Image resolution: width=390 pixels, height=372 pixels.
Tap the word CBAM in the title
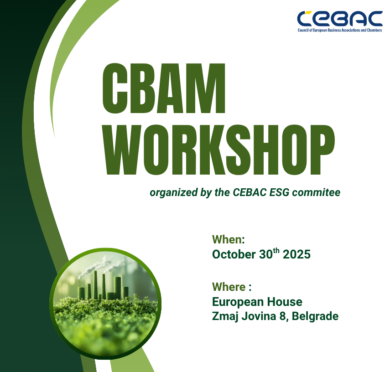pos(165,89)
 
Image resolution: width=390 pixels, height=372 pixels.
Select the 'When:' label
pos(229,240)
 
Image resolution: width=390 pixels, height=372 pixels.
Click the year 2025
pos(296,254)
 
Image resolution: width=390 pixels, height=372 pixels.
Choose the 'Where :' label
pos(232,287)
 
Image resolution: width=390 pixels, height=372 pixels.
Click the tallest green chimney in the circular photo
pos(95,285)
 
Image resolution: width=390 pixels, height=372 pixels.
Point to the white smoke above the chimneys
pos(94,267)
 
